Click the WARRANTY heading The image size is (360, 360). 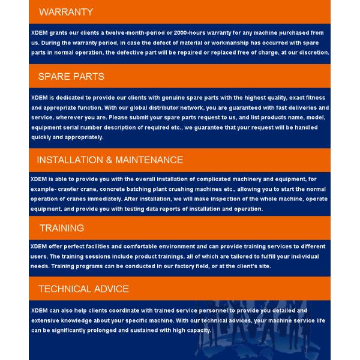coord(66,12)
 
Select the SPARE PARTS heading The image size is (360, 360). coord(71,76)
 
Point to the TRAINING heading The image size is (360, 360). coord(62,228)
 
